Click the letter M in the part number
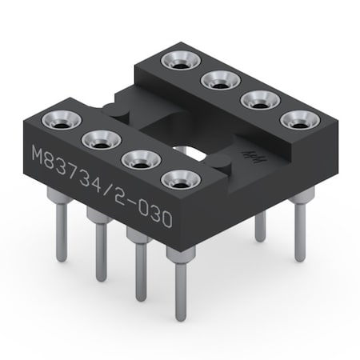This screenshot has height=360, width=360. coord(38,154)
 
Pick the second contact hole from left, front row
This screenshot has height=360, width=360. coord(101,140)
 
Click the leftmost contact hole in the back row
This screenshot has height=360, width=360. coord(178,61)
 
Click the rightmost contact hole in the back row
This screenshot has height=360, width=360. coord(298,121)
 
